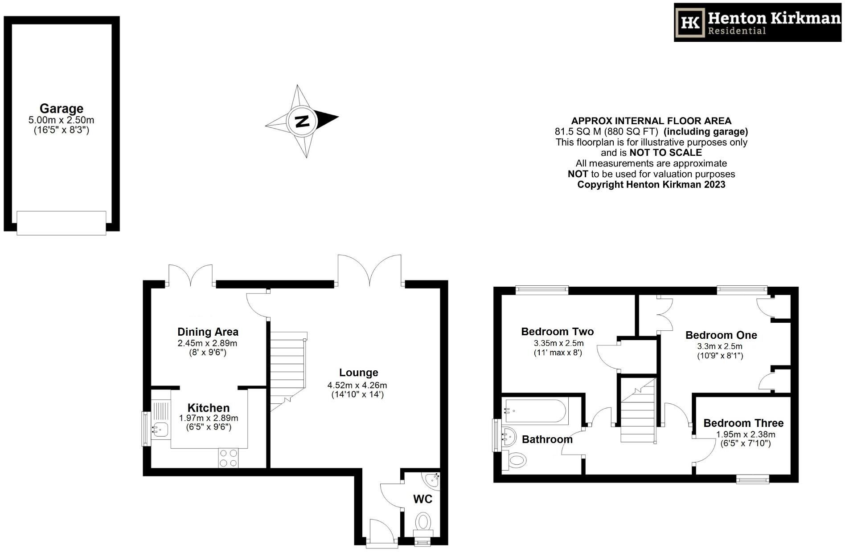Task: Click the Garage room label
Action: click(x=62, y=109)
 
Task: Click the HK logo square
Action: click(x=691, y=23)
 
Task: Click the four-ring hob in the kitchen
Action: click(x=228, y=458)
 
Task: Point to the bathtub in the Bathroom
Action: click(x=535, y=411)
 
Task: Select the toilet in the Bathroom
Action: click(x=514, y=459)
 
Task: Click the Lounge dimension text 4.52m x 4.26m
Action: click(x=357, y=385)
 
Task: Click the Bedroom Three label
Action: click(x=743, y=423)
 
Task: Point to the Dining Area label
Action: click(x=208, y=332)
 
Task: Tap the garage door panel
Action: click(x=62, y=223)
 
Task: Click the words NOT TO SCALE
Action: click(x=666, y=153)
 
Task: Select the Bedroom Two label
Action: click(x=558, y=332)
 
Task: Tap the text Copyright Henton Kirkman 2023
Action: click(x=652, y=184)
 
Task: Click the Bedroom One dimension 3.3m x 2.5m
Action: click(x=720, y=346)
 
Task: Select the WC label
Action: click(x=422, y=499)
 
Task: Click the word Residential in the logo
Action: click(x=737, y=31)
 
